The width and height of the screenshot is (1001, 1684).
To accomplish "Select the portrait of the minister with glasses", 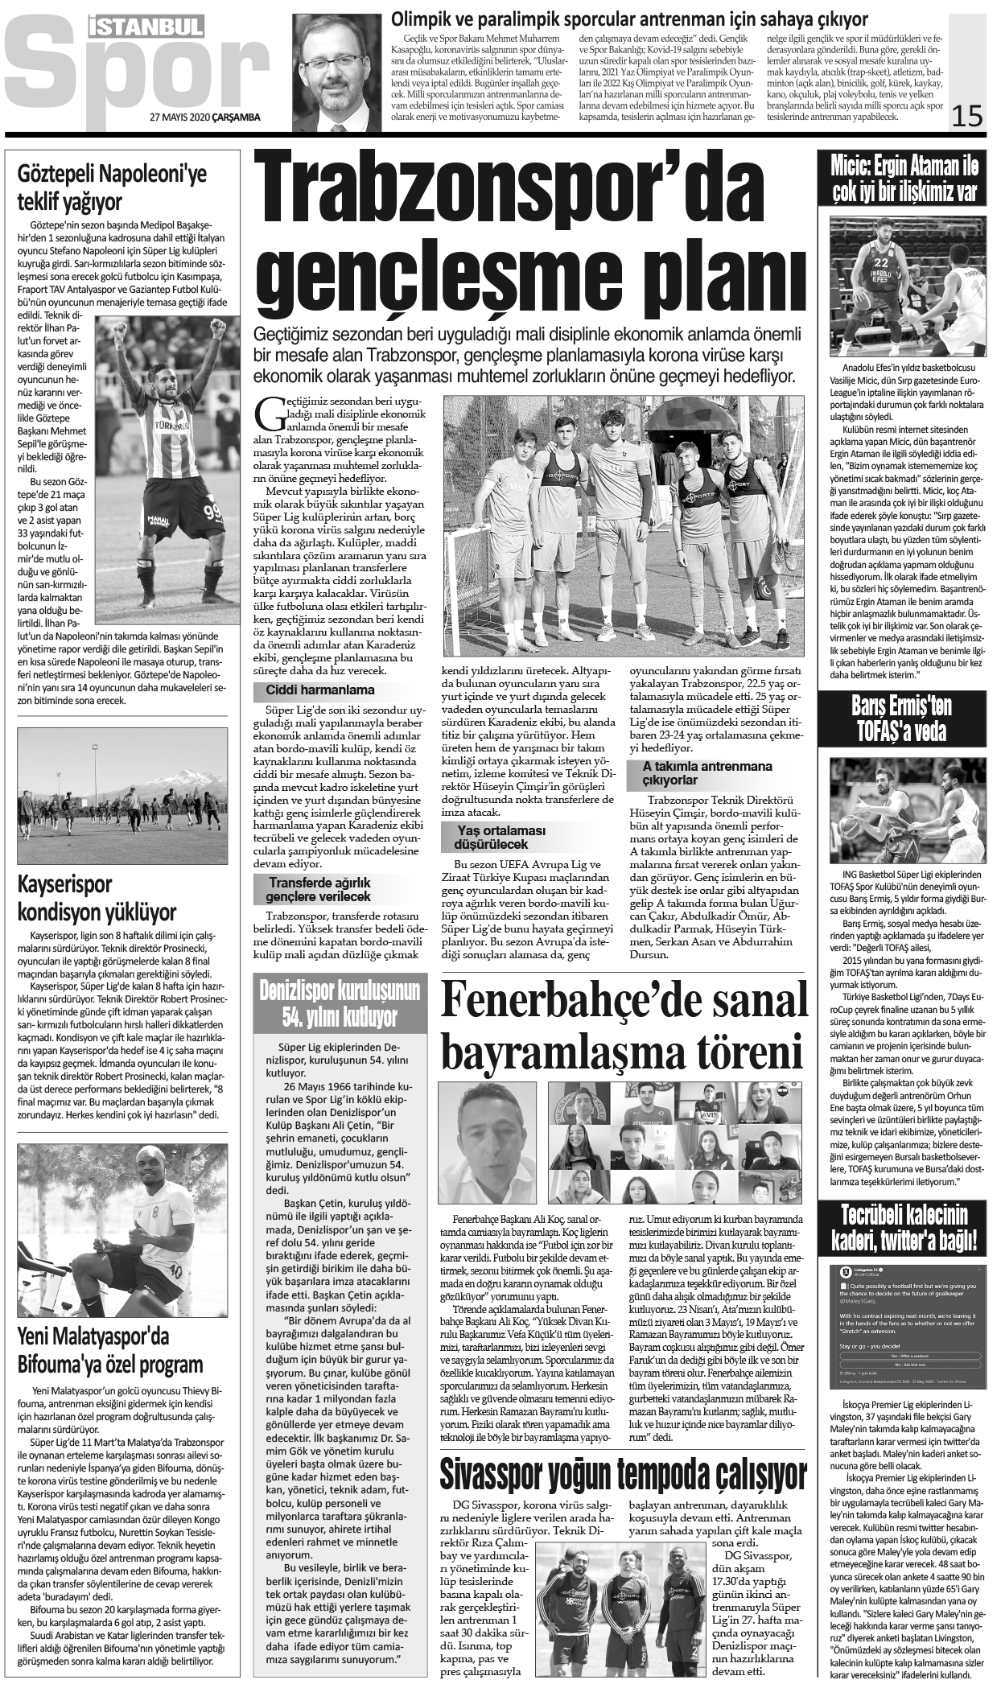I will [x=336, y=72].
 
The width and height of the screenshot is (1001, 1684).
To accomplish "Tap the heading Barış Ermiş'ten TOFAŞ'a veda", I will [x=900, y=718].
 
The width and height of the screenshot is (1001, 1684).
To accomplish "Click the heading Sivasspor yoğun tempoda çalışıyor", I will [x=623, y=1474].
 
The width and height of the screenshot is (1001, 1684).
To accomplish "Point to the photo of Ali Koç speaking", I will [x=490, y=1143].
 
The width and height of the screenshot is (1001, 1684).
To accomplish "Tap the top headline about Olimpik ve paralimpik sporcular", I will [x=628, y=19].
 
